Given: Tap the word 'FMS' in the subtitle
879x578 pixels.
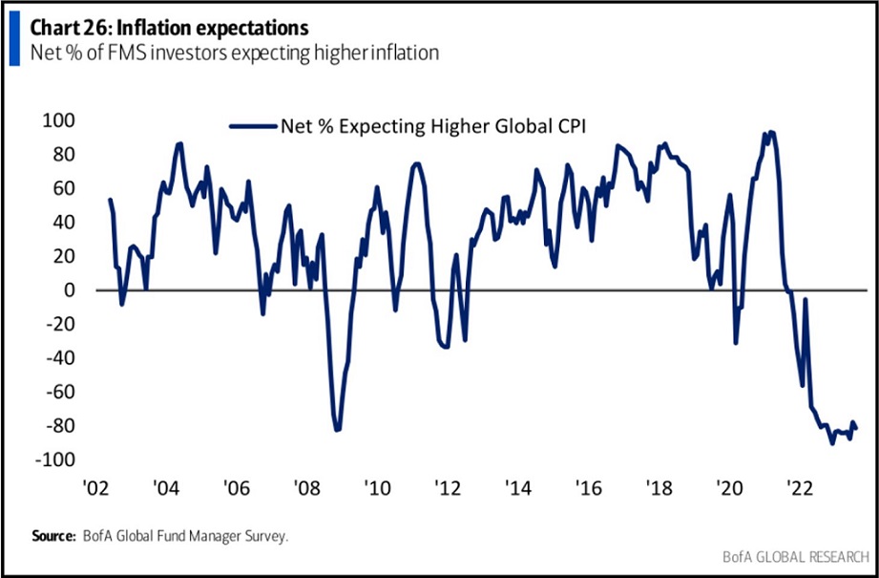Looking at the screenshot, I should [105, 52].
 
